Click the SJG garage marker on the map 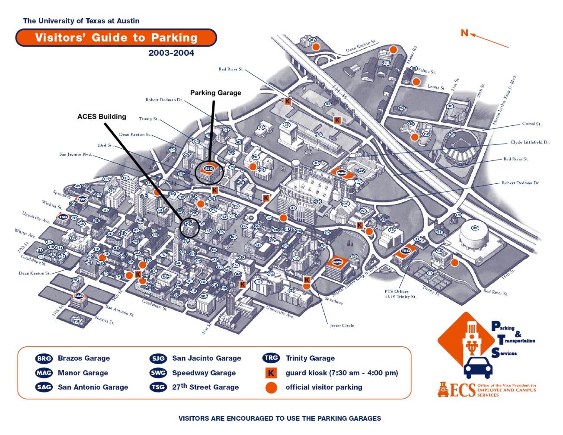tap(209, 168)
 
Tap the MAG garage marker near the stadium tap(342, 173)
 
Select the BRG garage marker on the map tap(337, 262)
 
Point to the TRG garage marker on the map tap(406, 251)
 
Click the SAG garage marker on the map tap(79, 296)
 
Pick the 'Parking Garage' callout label tap(215, 93)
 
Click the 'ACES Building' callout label tap(102, 116)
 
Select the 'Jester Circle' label tap(342, 326)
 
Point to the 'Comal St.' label tap(531, 124)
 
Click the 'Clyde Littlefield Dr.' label tap(530, 142)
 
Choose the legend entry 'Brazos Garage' tap(84, 358)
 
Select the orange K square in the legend tap(271, 373)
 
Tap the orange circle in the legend tap(271, 387)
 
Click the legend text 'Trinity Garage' tap(310, 358)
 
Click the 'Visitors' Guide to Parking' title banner tap(116, 38)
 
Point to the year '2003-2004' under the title tap(171, 53)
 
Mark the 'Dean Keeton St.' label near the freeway tap(361, 47)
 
